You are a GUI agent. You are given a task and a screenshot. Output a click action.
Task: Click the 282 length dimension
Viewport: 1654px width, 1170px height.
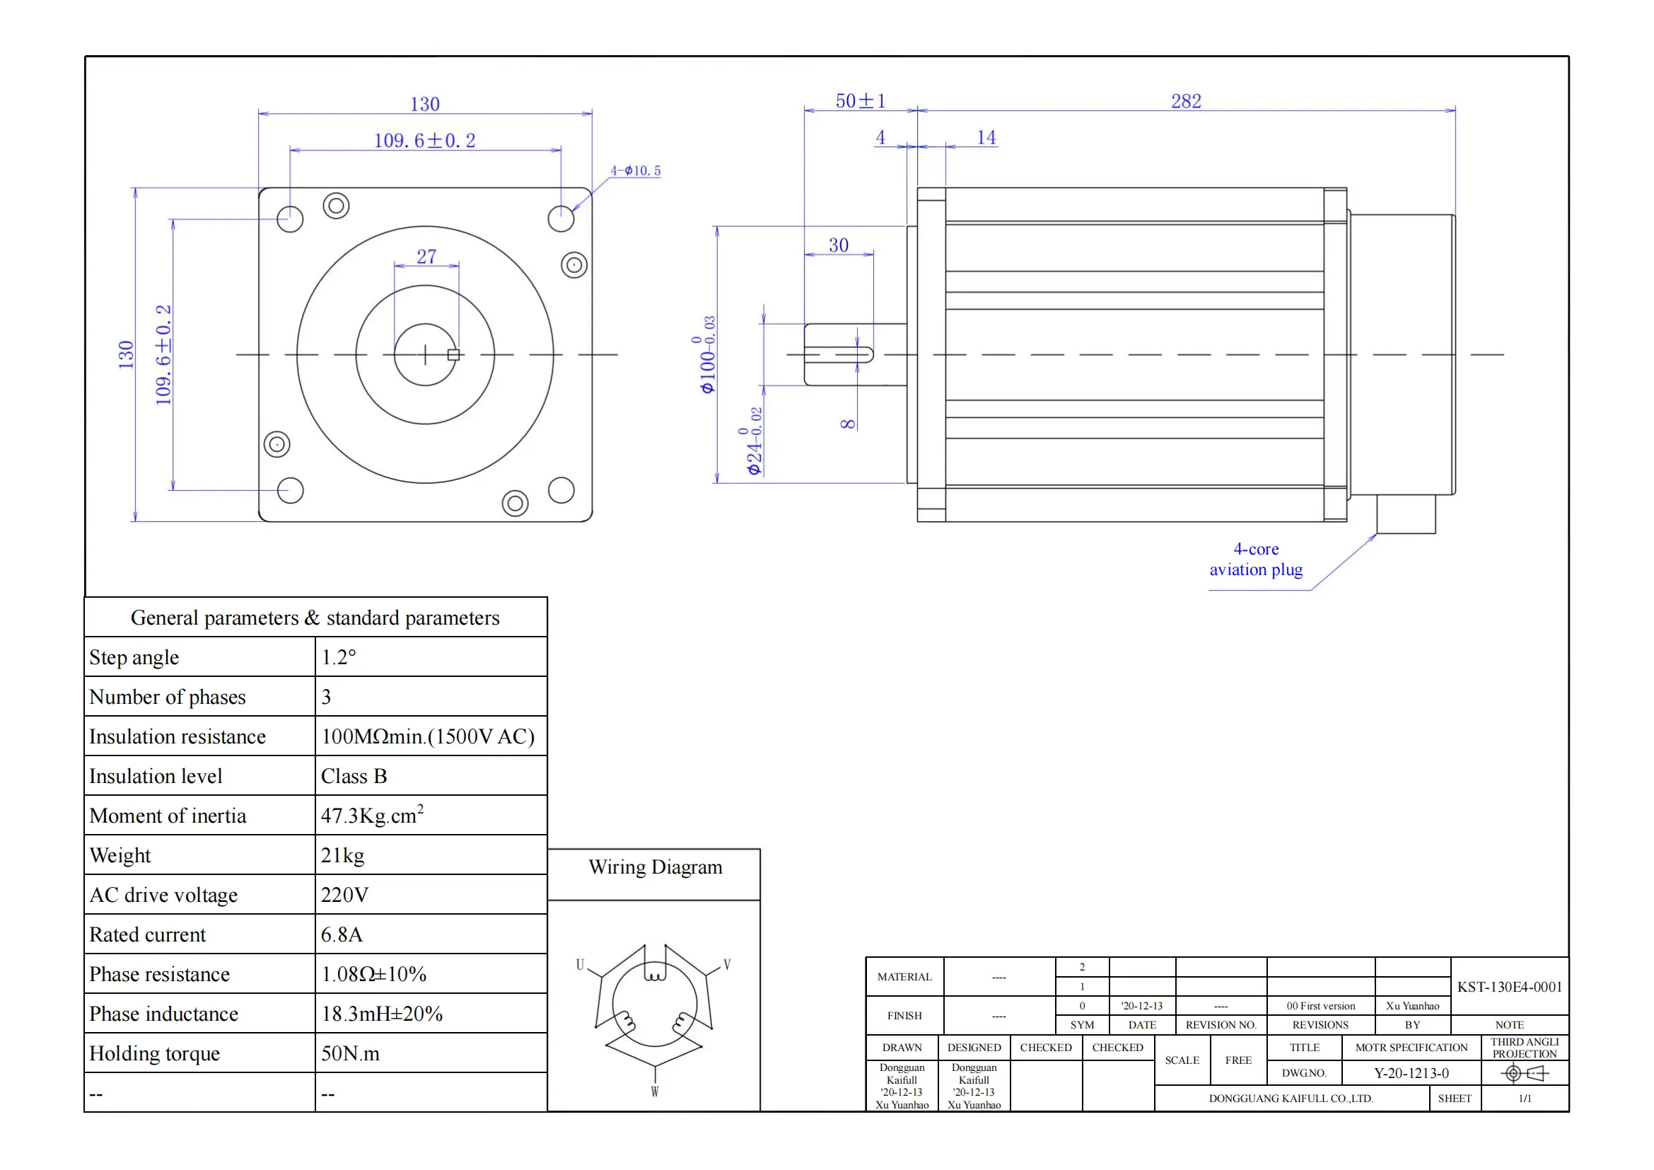[1186, 101]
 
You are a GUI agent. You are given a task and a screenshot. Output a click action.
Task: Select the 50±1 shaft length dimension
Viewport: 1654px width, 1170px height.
[860, 101]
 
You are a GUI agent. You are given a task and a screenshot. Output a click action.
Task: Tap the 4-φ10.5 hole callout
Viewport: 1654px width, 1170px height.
[636, 170]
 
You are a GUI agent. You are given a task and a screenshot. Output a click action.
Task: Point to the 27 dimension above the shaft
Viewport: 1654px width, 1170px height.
[426, 257]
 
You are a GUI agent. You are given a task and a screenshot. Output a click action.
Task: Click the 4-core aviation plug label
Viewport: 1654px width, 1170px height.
[1256, 559]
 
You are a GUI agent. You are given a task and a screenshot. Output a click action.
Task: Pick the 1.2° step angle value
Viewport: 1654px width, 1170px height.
[339, 657]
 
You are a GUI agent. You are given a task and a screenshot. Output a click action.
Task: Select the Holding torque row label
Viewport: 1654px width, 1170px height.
[154, 1053]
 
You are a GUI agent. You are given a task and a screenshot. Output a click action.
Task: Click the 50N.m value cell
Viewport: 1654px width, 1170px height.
[350, 1053]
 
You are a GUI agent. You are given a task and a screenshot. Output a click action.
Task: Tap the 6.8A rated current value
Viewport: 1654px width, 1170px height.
[342, 934]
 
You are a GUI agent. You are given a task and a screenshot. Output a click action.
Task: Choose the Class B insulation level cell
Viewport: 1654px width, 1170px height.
[354, 776]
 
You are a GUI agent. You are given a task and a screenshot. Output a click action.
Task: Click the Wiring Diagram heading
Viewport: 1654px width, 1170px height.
[655, 867]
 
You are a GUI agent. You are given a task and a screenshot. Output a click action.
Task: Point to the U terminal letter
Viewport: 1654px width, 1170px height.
[580, 965]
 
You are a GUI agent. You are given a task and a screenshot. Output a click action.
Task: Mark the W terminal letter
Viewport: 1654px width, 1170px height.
[654, 1091]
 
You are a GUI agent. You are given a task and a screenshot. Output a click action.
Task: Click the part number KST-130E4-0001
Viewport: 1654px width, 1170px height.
[1509, 987]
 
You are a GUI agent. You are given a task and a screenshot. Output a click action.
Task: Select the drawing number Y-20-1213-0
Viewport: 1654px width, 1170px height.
[1411, 1074]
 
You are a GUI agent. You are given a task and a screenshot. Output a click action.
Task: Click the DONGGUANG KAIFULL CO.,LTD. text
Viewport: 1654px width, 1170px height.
[1291, 1099]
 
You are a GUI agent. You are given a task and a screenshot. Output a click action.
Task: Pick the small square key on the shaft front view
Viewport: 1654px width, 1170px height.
[454, 354]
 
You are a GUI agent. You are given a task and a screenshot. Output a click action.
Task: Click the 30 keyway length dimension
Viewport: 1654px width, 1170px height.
[839, 245]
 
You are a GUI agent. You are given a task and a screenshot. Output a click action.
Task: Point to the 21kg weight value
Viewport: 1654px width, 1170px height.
[342, 855]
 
